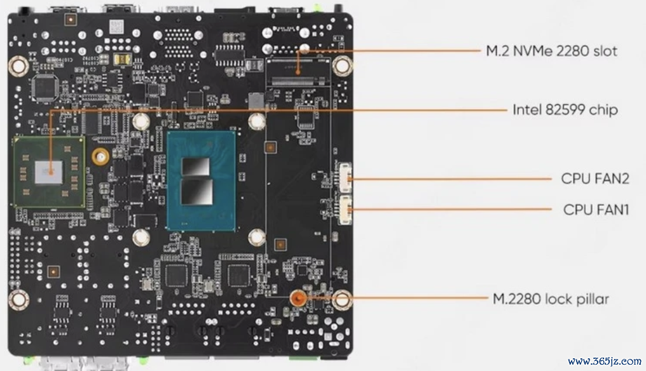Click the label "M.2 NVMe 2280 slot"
pos(551,51)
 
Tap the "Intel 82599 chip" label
pos(565,109)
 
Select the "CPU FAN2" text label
pos(595,179)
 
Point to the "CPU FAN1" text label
pos(596,210)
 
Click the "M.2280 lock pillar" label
pos(551,299)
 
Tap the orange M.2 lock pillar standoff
pos(297,298)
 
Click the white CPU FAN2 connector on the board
pos(345,177)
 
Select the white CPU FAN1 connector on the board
pos(345,210)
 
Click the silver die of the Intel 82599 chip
pos(49,173)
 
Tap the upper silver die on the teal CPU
pos(196,167)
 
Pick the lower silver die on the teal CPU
pos(197,191)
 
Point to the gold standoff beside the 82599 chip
pos(100,156)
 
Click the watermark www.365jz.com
pos(605,361)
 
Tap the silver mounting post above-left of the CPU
pos(141,121)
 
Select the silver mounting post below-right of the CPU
pos(257,237)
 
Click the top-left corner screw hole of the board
pos(18,66)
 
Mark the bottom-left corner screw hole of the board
pos(18,299)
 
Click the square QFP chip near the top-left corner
pos(45,88)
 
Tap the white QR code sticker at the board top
pos(116,27)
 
